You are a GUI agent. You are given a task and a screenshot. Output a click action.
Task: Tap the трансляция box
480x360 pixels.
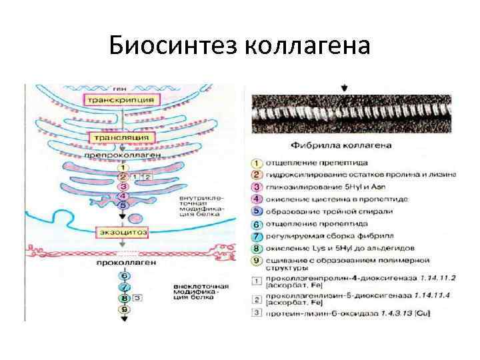121,138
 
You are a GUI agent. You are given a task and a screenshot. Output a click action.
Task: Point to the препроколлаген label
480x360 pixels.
121,155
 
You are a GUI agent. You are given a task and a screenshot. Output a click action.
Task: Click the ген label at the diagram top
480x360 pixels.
119,87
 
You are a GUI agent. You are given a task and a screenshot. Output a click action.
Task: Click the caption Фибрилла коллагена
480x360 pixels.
338,145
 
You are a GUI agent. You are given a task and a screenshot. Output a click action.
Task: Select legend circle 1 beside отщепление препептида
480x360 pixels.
257,162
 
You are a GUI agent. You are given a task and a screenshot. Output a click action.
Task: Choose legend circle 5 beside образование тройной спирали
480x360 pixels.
257,211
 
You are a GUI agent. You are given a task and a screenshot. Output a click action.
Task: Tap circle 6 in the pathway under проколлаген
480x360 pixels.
123,276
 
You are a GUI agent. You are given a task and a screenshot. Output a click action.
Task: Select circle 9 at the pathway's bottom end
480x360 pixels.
123,309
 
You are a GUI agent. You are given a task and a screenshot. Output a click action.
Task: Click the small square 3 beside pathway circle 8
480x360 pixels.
137,298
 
